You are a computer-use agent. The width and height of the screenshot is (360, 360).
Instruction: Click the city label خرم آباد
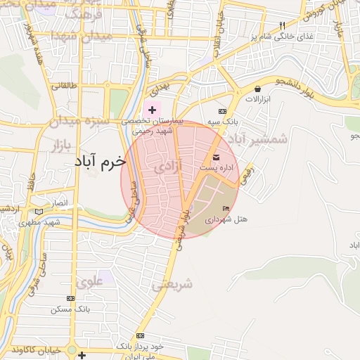click(100, 161)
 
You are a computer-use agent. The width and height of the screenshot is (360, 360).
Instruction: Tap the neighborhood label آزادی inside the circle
click(165, 166)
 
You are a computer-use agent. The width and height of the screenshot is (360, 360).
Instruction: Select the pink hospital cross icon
click(152, 110)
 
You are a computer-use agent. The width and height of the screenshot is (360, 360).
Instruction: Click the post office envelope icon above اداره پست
click(216, 155)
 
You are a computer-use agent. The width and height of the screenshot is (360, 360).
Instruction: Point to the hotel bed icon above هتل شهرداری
click(226, 208)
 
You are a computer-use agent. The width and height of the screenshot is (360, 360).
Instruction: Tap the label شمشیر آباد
click(259, 139)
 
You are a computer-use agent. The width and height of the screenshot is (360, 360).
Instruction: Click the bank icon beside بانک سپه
click(222, 112)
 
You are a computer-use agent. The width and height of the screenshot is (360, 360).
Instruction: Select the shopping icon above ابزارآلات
click(258, 89)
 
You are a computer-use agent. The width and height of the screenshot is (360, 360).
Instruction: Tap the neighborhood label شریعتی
click(172, 284)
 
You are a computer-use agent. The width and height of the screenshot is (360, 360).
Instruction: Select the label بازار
click(63, 144)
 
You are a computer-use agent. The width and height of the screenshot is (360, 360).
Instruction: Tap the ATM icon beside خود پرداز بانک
click(141, 335)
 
